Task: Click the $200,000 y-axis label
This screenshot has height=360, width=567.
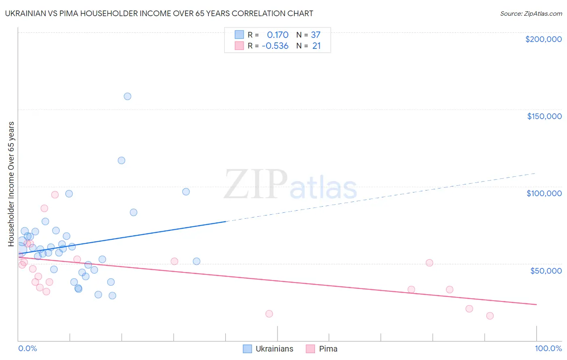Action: [543, 39]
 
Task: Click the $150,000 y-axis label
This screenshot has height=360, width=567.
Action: [544, 116]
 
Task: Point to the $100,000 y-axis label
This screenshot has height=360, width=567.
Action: [544, 193]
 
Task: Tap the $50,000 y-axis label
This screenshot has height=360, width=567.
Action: [546, 270]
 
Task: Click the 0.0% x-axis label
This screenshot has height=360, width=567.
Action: [27, 348]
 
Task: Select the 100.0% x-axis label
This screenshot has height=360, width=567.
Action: [548, 348]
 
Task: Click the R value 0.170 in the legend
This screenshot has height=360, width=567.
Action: [277, 35]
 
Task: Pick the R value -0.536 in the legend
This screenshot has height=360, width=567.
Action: [275, 46]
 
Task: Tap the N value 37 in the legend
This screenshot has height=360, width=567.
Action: [316, 35]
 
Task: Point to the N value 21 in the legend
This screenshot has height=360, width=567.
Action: [317, 46]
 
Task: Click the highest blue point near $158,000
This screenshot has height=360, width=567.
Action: [127, 96]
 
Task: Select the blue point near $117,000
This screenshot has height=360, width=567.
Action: [121, 160]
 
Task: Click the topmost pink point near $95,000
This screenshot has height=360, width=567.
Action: [55, 195]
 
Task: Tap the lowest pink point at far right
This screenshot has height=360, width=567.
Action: [490, 316]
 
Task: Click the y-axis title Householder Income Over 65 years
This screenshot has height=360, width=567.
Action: [11, 184]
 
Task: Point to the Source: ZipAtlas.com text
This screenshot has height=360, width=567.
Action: [531, 14]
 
